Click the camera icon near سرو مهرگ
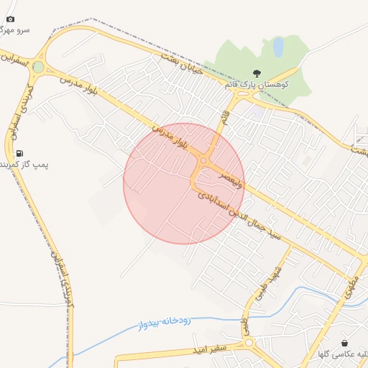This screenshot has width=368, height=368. (x=10, y=19)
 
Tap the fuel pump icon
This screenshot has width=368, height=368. (x=19, y=152)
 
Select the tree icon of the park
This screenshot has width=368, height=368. (x=257, y=73)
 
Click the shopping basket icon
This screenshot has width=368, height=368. (x=345, y=343)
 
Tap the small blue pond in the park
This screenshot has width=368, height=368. (x=278, y=47)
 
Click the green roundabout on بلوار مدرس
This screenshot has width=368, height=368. (x=38, y=67)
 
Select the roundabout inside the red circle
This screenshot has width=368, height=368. (x=204, y=160)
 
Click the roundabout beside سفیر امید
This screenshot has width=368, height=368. (x=249, y=343)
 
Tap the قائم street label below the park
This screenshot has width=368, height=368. (x=225, y=114)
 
